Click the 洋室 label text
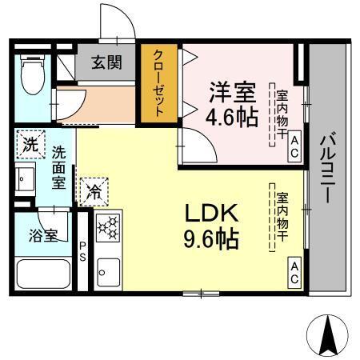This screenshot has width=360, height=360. (x=234, y=91)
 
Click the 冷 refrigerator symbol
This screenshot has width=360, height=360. (x=94, y=191)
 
